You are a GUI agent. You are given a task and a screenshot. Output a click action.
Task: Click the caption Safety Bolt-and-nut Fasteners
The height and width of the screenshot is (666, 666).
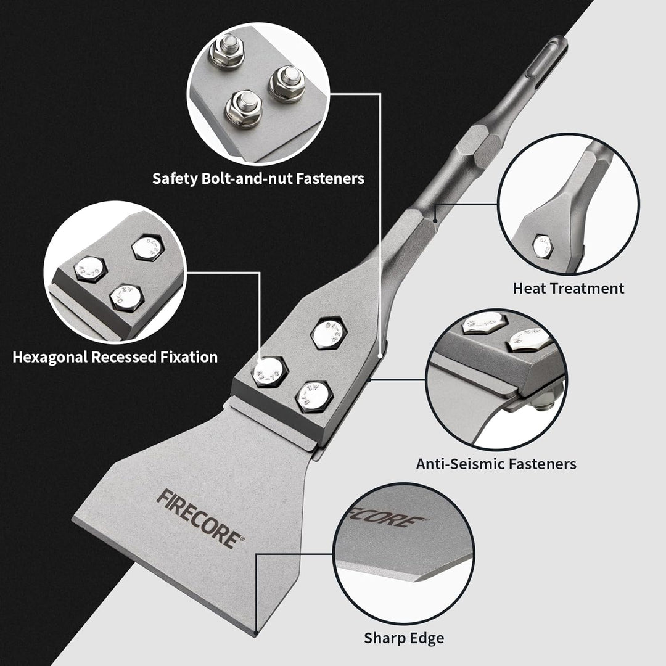[x=258, y=178]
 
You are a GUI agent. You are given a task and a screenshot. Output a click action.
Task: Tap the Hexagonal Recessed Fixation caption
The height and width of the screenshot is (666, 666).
[x=115, y=356]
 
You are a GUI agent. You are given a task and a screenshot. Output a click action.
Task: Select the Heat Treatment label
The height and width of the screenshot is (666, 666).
[x=568, y=288]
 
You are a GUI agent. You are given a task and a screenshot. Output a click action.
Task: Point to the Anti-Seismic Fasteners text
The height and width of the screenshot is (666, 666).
[x=496, y=463]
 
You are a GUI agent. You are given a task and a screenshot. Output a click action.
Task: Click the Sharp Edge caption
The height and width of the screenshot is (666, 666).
[x=403, y=638]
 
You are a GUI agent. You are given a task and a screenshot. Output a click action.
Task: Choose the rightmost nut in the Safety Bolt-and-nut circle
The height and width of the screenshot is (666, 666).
[x=286, y=81]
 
